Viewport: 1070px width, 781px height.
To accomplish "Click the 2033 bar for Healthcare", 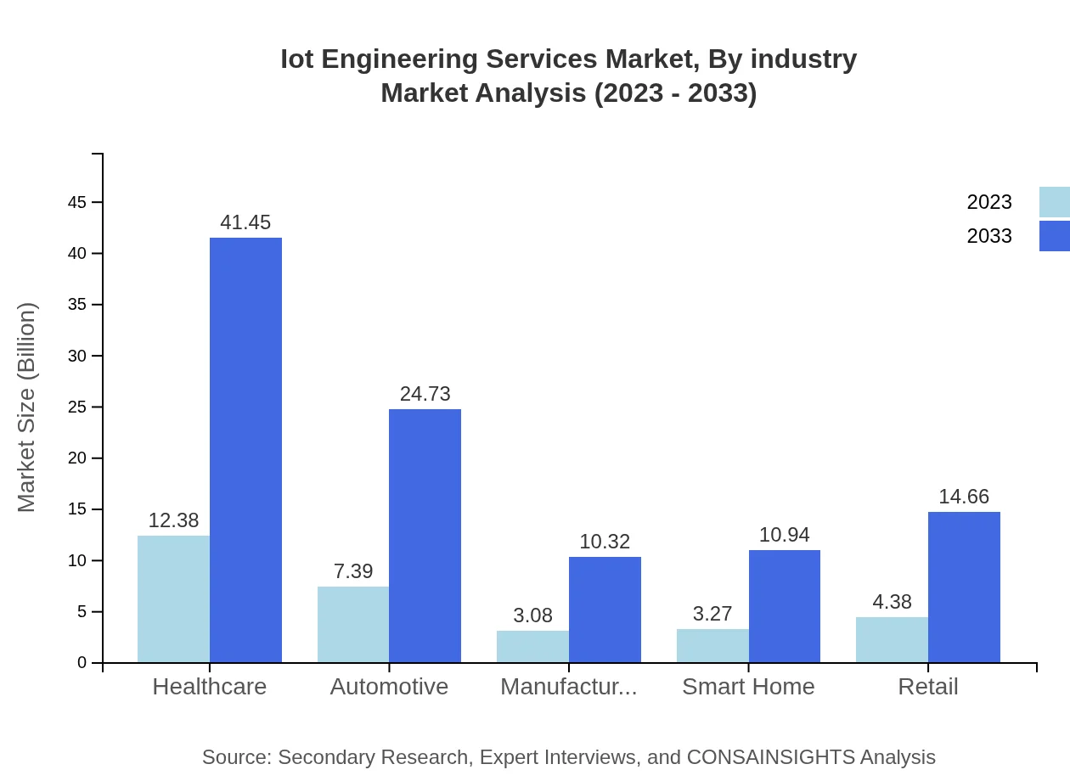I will (x=245, y=450).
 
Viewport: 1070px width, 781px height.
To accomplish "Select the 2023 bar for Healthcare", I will (x=173, y=598).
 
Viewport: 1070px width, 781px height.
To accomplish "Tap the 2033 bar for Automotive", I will (x=425, y=536).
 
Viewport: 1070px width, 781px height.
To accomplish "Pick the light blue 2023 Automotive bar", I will (x=353, y=624).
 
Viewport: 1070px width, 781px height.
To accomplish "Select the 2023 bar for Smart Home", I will (x=712, y=645).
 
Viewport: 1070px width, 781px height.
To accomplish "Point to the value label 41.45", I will (x=245, y=222).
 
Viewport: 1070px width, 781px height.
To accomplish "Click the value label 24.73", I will (x=425, y=394).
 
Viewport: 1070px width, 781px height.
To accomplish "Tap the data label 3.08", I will (x=532, y=615).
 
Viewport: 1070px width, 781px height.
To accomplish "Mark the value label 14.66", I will (x=964, y=497).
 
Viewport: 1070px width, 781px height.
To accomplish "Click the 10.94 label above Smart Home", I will (x=784, y=535).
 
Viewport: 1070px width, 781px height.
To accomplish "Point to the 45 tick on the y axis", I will (x=77, y=202).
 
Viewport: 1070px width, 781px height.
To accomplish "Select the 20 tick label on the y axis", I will (x=77, y=458).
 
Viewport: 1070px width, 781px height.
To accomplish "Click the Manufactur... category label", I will (x=568, y=687).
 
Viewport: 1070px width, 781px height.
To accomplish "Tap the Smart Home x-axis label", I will (x=748, y=687).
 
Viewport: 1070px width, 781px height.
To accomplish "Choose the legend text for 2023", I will (x=989, y=202).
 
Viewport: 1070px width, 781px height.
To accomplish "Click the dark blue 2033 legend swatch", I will (x=1054, y=236).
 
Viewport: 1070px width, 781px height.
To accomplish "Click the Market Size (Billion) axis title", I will (x=27, y=407).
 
